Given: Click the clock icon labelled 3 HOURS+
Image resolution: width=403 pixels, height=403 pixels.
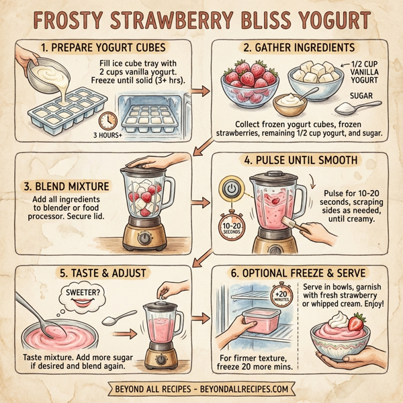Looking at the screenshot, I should pyautogui.click(x=105, y=121).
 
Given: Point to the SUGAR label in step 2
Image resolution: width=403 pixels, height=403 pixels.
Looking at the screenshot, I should pyautogui.click(x=361, y=97).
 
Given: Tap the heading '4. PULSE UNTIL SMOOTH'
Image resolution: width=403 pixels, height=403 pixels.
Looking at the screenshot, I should pyautogui.click(x=302, y=161).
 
